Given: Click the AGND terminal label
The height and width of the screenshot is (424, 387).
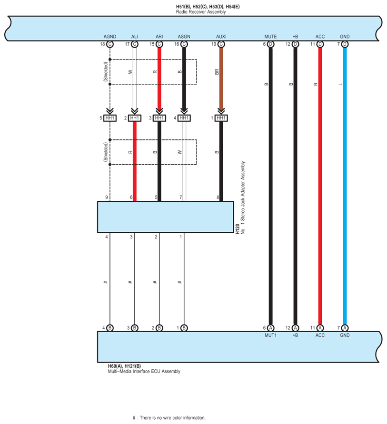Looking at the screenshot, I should (110, 37).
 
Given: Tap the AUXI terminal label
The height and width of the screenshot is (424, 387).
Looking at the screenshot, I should (221, 37).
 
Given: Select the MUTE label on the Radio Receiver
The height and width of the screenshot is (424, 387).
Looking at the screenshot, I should (270, 37).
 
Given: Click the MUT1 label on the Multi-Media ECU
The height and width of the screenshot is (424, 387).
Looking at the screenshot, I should (270, 335).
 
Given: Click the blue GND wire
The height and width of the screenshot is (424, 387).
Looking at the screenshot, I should (345, 190).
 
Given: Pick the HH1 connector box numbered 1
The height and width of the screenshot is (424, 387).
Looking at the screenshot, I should (221, 118).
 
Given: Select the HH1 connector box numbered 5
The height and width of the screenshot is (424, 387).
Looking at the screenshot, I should (110, 118).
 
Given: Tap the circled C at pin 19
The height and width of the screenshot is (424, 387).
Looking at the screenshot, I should (221, 44).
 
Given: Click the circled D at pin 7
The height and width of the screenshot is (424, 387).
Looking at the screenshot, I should (345, 44).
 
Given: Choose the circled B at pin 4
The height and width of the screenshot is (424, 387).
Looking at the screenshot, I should (110, 328).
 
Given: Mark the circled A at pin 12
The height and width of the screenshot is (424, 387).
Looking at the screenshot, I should (295, 328).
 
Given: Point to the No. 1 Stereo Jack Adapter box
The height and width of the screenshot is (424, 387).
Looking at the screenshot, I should (165, 217).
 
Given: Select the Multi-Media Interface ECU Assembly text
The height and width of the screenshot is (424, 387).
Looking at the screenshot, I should (144, 372).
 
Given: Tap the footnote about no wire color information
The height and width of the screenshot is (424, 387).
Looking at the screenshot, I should (169, 417).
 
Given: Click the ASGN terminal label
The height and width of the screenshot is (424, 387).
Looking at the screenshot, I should (184, 37).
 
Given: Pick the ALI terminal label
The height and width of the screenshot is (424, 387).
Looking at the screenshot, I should (135, 37).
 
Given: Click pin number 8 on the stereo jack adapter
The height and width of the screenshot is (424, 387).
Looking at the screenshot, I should (218, 197).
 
